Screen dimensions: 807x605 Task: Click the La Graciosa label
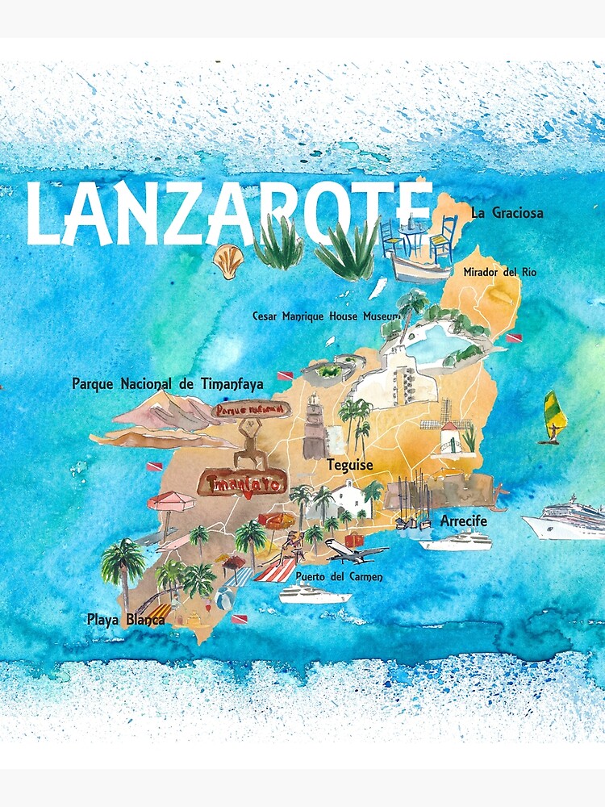507,214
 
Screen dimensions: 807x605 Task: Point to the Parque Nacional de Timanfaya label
168,384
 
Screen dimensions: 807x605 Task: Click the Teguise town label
349,465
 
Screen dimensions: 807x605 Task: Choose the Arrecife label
464,521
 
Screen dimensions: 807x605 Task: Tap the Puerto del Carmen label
339,577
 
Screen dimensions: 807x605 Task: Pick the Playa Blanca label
126,621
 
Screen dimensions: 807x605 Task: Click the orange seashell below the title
227,260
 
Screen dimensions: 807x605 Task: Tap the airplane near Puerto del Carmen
355,554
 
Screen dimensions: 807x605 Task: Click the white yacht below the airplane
315,596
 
